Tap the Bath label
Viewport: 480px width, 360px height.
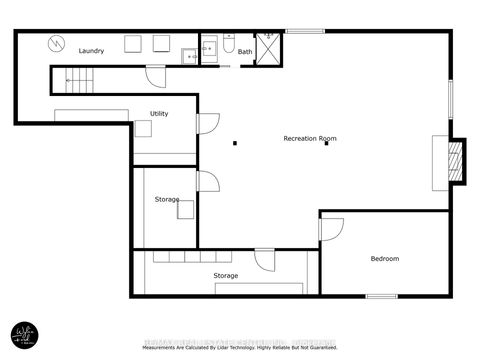pyautogui.click(x=245, y=52)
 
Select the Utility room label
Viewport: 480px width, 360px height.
pyautogui.click(x=159, y=114)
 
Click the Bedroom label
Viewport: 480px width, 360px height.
pyautogui.click(x=385, y=259)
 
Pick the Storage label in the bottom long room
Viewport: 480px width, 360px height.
pyautogui.click(x=225, y=275)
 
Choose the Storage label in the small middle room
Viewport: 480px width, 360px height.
pyautogui.click(x=167, y=200)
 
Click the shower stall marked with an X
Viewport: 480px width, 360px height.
pyautogui.click(x=268, y=48)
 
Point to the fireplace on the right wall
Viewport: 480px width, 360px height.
pyautogui.click(x=454, y=160)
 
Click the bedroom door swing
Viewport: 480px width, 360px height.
pyautogui.click(x=330, y=228)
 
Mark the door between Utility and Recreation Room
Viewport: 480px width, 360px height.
pyautogui.click(x=207, y=123)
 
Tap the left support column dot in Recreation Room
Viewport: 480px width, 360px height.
pyautogui.click(x=234, y=143)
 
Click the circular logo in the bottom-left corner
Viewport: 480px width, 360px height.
pyautogui.click(x=24, y=334)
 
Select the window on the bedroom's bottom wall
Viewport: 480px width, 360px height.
pyautogui.click(x=381, y=296)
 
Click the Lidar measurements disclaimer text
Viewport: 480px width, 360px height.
pyautogui.click(x=240, y=348)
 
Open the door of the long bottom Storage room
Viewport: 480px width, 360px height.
pyautogui.click(x=265, y=259)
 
